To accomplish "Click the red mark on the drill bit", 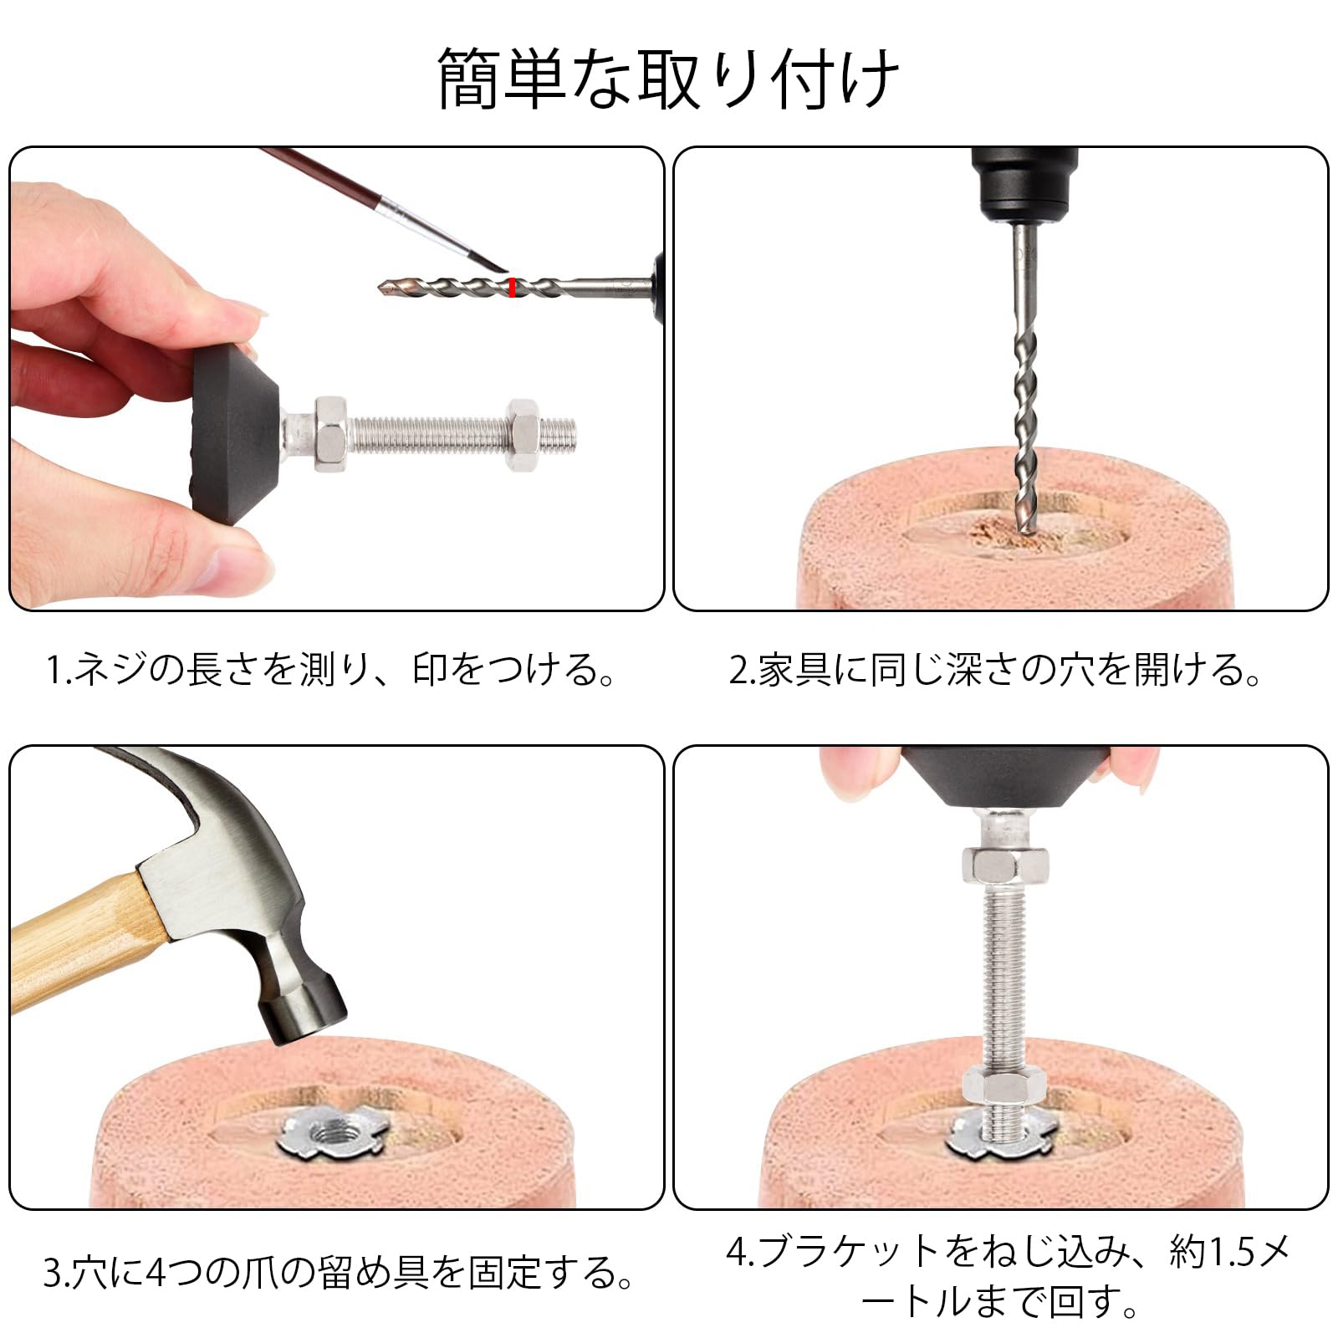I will pos(511,288).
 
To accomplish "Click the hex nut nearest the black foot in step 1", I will pos(331,433).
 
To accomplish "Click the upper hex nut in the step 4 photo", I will pos(1005,864).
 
